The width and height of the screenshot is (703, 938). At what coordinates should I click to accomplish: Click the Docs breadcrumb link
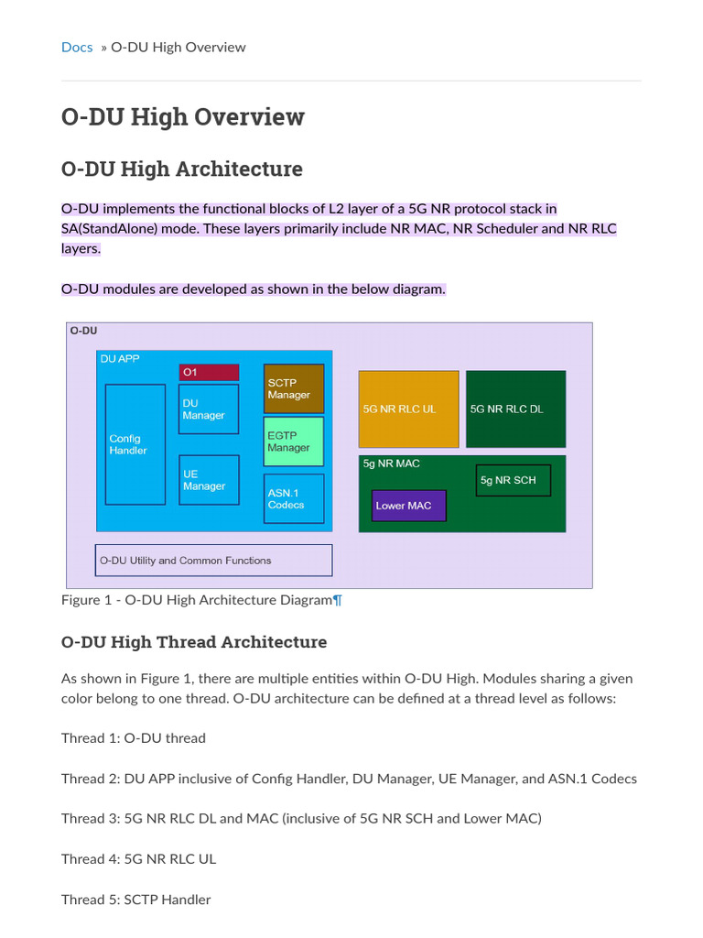tap(77, 47)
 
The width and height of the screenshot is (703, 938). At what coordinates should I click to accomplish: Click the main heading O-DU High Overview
tap(182, 117)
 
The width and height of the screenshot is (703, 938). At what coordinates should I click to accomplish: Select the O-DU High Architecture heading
tap(181, 169)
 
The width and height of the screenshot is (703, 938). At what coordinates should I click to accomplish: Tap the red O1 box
tap(209, 372)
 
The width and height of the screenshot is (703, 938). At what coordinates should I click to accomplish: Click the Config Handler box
tap(135, 444)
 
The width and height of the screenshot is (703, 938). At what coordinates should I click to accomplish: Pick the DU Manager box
tap(209, 409)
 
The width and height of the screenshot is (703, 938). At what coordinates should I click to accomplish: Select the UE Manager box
tap(209, 480)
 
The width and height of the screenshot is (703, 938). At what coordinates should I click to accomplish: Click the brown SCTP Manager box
tap(294, 388)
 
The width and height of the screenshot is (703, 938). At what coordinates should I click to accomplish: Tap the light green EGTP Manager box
tap(294, 442)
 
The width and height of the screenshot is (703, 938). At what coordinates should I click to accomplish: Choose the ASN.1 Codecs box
tap(294, 498)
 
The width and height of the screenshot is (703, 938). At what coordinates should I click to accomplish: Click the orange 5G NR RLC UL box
tap(408, 409)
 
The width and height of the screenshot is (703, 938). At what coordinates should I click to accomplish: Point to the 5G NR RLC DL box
tap(515, 409)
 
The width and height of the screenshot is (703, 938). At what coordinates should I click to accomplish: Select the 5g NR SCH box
tap(513, 480)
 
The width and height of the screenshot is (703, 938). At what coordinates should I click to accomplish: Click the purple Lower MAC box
tap(408, 506)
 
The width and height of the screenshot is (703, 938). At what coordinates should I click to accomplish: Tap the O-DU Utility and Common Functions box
tap(213, 561)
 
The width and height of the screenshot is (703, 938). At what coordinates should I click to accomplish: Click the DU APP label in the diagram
tap(120, 359)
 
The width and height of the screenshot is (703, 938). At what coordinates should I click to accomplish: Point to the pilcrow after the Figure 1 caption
tap(338, 600)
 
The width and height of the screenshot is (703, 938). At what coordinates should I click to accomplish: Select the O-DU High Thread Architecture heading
tap(194, 642)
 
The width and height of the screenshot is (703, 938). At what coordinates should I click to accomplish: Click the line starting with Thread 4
tap(138, 859)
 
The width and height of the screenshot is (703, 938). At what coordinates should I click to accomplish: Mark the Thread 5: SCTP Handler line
tap(135, 900)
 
